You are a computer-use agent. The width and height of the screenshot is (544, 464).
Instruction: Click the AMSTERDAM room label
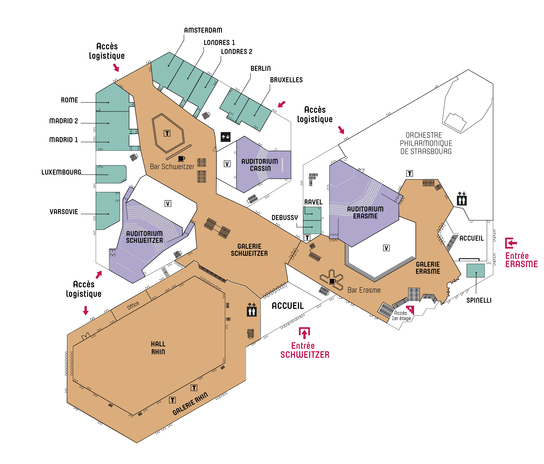point(203,30)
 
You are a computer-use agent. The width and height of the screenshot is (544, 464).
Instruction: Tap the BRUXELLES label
point(286,80)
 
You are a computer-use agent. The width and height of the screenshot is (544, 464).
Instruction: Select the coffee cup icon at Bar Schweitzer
point(181,158)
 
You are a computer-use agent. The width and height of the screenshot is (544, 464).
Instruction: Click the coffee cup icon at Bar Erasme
point(332,281)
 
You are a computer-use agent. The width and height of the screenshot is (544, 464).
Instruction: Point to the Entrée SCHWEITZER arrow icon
point(304,333)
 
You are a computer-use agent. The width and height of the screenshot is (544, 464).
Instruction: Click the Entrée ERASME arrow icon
point(511,243)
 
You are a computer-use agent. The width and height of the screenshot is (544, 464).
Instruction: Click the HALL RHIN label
point(158,348)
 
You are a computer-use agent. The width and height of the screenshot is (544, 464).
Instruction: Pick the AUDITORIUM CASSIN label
point(259,165)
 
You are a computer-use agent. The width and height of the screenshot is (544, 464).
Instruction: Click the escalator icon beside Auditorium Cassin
point(225,137)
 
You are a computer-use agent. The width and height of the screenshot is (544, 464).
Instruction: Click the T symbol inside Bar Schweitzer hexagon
point(167,133)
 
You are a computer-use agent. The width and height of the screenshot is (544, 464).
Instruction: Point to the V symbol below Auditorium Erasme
point(386,248)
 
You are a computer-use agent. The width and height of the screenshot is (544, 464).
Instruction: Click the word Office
point(133,305)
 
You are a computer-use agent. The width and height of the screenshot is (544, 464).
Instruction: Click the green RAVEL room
point(312,213)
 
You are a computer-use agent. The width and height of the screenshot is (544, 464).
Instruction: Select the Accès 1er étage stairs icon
point(410,310)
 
